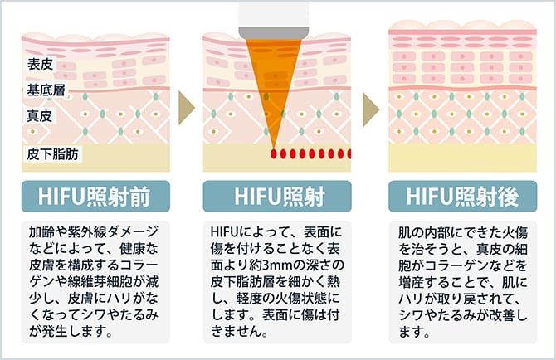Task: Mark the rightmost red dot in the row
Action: click(x=349, y=154)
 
